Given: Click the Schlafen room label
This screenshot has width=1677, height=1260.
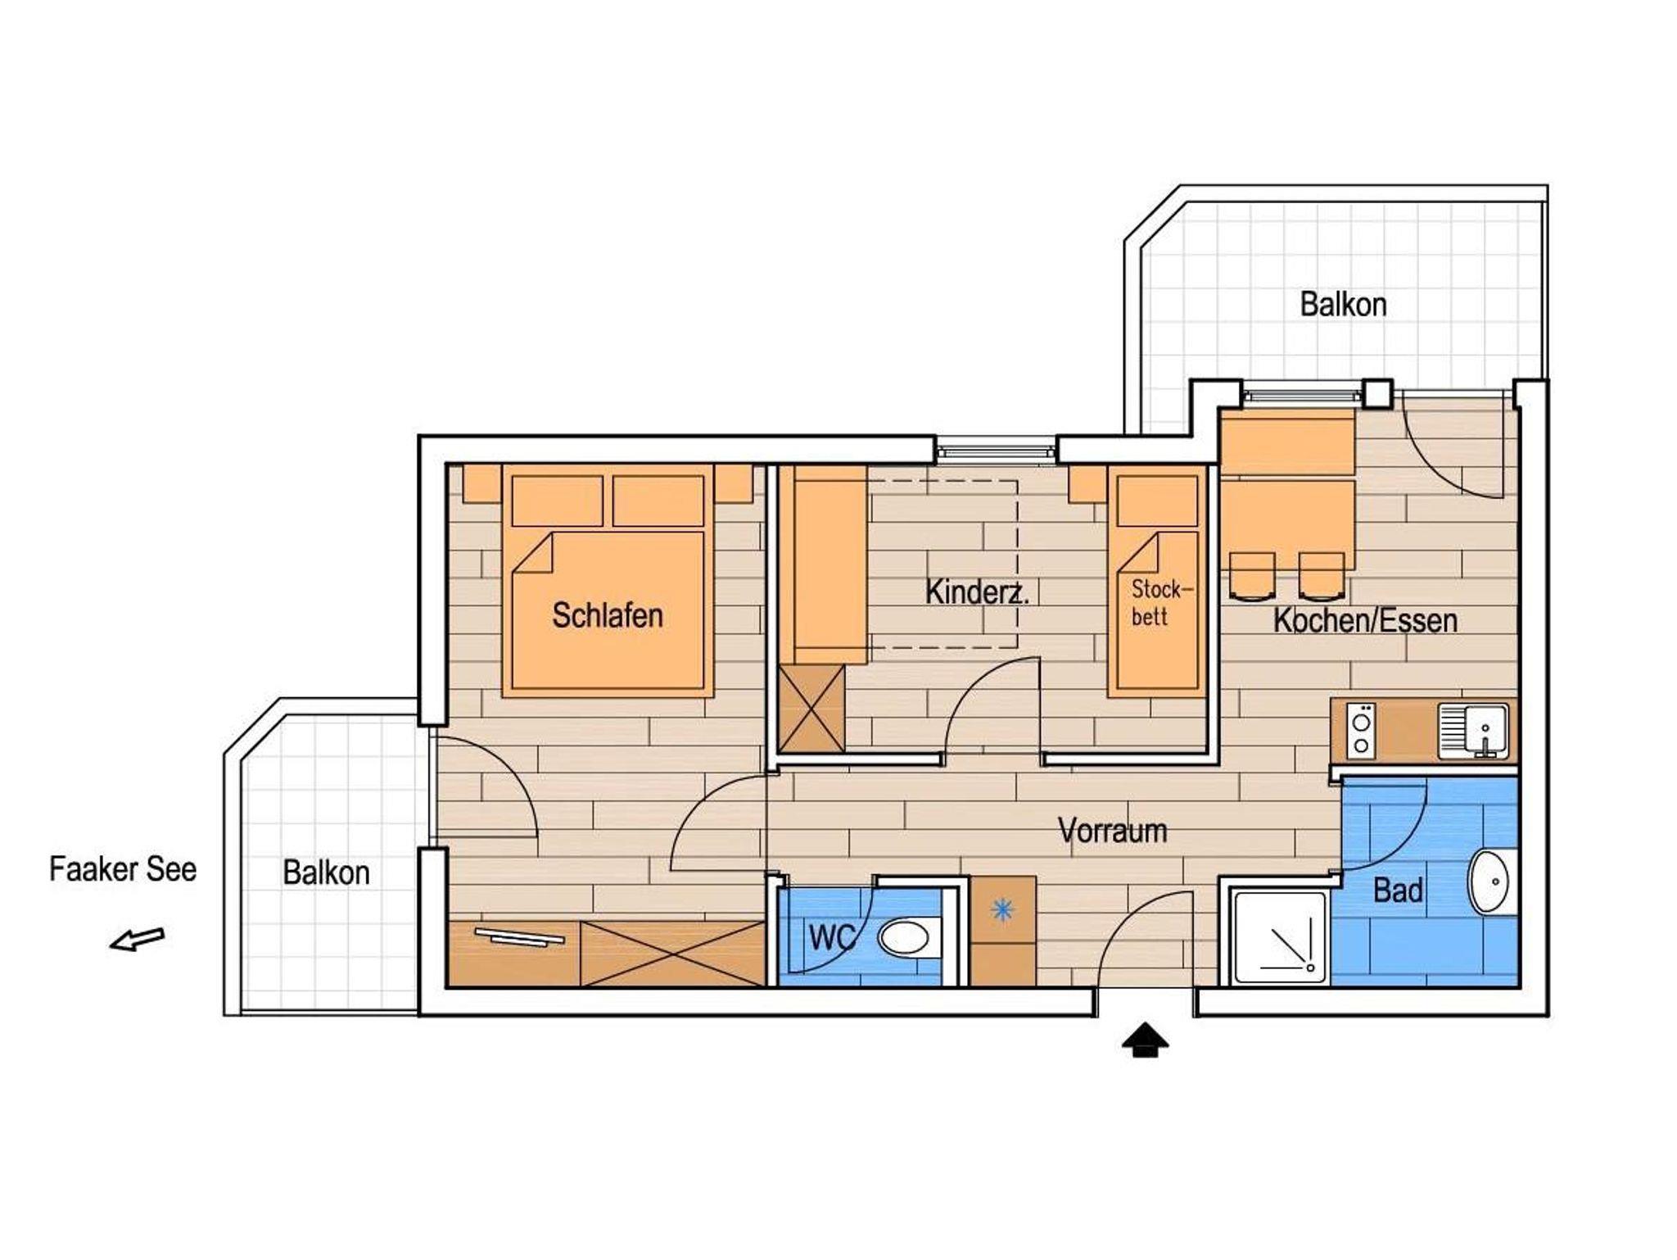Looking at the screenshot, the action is coord(608,615).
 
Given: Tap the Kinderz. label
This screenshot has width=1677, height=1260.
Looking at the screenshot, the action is coord(976,592).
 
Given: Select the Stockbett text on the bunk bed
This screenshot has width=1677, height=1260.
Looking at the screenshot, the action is coord(1162,603).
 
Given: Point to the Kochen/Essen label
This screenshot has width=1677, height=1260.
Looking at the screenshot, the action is coord(1365,620).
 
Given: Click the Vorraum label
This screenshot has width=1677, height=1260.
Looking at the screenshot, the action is coord(1112,831).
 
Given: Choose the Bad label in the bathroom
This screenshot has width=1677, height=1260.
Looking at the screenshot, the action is coord(1398,891).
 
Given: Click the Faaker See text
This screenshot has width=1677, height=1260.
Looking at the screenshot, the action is coord(123,869).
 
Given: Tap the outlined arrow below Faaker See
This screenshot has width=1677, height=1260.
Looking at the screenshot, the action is coord(138,940).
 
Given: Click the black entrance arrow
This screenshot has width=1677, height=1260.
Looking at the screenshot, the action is coord(1145,1040).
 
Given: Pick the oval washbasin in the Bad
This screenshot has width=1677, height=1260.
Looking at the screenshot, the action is coord(1493,883).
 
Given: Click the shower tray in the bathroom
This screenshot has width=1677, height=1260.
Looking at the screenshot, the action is coord(1280,937).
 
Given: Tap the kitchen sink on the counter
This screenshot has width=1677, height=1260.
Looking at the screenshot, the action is coord(1474,731).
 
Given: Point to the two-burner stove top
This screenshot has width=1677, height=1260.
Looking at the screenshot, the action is coord(1361,731).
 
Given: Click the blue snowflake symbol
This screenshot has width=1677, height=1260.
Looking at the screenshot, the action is coord(1002,910).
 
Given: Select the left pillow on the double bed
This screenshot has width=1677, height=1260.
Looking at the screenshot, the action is coord(557,501).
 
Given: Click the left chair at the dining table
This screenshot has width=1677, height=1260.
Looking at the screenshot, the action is coord(1252,577).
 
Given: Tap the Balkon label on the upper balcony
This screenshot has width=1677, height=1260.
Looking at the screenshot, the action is coord(1344,305).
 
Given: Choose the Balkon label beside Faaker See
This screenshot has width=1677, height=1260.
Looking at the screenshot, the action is coord(326,873).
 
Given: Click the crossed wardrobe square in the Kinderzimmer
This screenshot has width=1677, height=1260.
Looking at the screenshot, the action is coord(811,709).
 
